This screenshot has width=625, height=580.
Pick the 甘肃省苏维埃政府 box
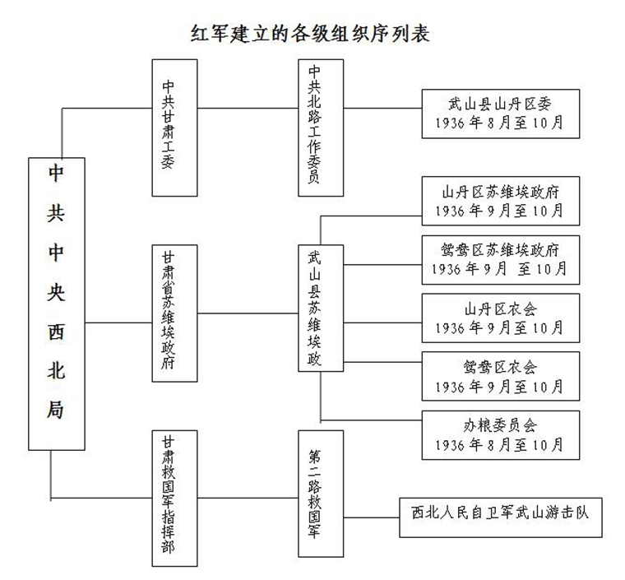click(x=176, y=313)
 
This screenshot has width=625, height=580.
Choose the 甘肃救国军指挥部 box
click(x=176, y=498)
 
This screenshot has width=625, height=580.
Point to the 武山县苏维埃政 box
click(x=320, y=313)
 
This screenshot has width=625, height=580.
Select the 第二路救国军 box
click(x=320, y=497)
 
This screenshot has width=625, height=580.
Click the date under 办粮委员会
click(x=501, y=445)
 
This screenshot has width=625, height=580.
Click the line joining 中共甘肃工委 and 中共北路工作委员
click(x=248, y=108)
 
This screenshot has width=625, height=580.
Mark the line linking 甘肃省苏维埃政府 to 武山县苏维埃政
click(x=248, y=313)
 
